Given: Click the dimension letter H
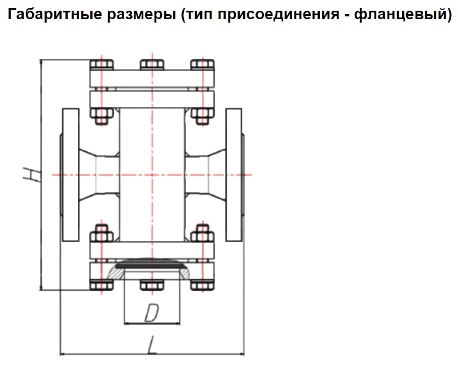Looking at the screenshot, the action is pos(32,175).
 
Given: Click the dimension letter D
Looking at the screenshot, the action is pos(152,313).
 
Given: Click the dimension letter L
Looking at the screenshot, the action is pos(152,345).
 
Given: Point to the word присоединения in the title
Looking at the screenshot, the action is pos(279,15).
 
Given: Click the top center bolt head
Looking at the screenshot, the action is pos(152,64).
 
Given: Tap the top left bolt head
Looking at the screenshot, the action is pos(102,64).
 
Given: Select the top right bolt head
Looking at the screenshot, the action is pos(202,64).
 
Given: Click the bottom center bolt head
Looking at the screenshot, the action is pos(152,285).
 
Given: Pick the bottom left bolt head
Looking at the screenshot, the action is pos(102,285).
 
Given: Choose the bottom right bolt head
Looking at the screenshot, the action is pos(202,285).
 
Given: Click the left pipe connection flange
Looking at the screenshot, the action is pos(71,175).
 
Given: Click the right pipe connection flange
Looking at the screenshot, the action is pos(234,175).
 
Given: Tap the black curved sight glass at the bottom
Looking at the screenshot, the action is pos(152,264).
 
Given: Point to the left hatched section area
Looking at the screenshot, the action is pos(116,274).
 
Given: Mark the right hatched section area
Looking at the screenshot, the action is pos(184,274).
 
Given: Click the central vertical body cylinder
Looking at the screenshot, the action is pos(152,175).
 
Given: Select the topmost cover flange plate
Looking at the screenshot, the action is pos(152,78).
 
